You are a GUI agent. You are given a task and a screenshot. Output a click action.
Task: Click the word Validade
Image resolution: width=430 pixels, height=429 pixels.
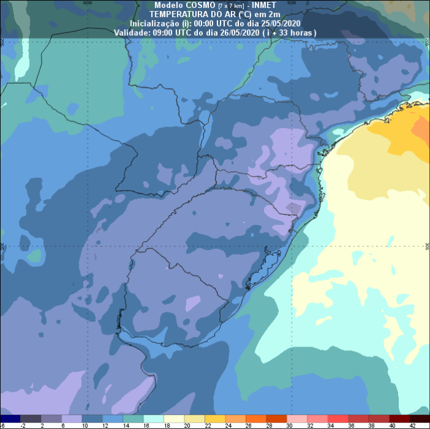(x=132, y=32)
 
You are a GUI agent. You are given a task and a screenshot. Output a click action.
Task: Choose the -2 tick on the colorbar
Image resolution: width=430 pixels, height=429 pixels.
(x=23, y=425)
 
